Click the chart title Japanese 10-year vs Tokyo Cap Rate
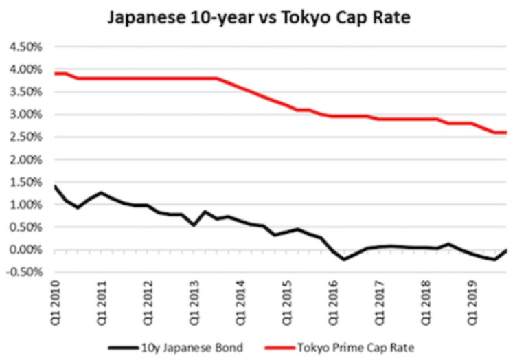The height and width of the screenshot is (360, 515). pos(257,19)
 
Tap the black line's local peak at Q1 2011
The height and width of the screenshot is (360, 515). pos(102,192)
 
